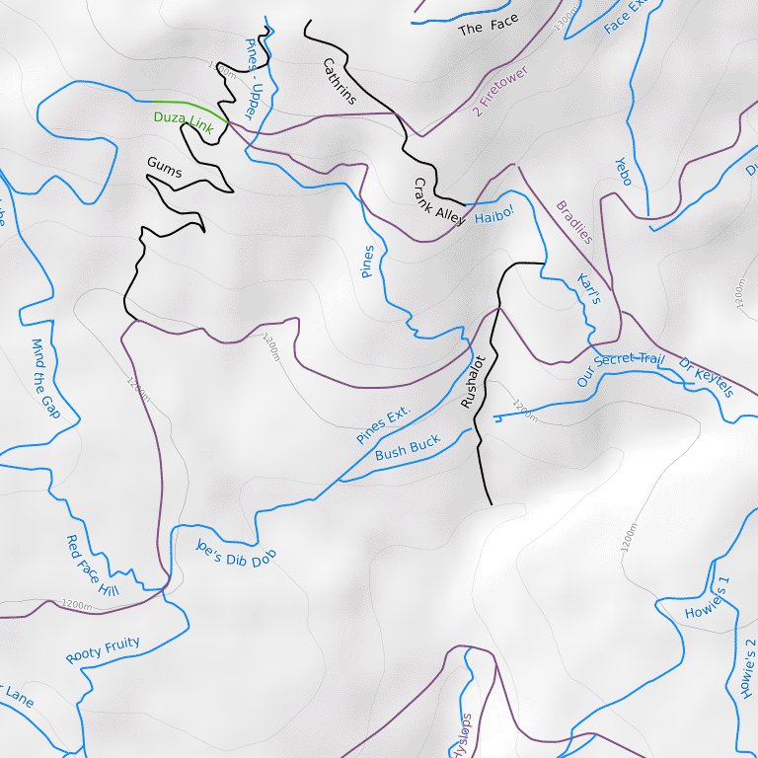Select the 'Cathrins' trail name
tap(339, 81)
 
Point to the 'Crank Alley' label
tap(438, 202)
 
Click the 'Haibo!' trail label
tap(494, 215)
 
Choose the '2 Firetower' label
tap(500, 92)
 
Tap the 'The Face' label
tap(488, 26)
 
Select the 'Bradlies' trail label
tap(574, 222)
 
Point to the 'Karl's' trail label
tap(588, 288)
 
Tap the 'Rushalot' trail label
tap(473, 382)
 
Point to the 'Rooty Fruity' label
tap(103, 650)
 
